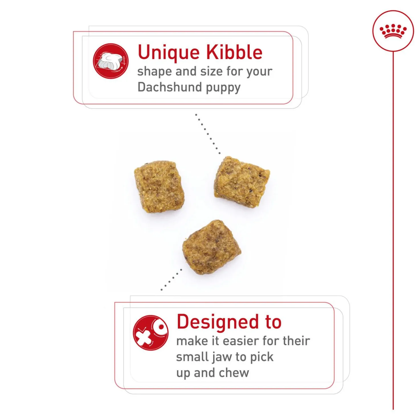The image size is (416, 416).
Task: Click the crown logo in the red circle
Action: pyautogui.click(x=393, y=31)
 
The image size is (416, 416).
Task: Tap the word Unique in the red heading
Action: pyautogui.click(x=168, y=52)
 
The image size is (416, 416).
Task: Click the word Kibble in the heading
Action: pyautogui.click(x=234, y=52)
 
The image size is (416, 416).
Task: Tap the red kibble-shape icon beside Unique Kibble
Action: pyautogui.click(x=111, y=61)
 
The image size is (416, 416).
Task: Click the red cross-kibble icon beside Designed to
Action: pyautogui.click(x=151, y=333)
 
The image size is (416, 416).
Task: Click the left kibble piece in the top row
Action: pyautogui.click(x=160, y=187)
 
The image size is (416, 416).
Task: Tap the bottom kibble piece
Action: pyautogui.click(x=212, y=247)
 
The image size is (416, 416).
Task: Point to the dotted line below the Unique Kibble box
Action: pyautogui.click(x=208, y=134)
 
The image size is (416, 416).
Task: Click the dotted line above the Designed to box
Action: pyautogui.click(x=172, y=280)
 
